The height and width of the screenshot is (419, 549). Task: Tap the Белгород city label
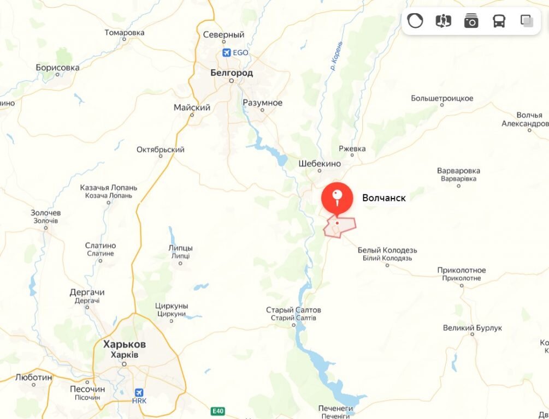232,73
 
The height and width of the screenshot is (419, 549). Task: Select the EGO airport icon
226,53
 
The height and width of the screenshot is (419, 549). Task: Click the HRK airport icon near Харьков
139,392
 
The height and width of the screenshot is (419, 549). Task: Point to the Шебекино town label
320,164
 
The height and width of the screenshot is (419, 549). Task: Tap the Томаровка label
124,33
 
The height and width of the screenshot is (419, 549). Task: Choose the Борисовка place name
57,68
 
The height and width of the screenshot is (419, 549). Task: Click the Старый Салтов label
293,310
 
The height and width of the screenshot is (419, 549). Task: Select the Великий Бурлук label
473,328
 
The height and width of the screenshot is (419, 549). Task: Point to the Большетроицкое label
442,99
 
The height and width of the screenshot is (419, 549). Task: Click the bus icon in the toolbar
499,21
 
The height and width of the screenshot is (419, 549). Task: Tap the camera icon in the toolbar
471,21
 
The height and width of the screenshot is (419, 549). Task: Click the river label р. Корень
337,56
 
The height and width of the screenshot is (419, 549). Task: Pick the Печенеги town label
335,408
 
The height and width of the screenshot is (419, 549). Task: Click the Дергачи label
87,292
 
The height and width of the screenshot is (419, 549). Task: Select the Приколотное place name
462,271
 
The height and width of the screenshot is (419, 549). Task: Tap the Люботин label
34,377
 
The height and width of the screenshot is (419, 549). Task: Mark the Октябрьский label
160,149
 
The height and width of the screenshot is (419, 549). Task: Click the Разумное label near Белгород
262,103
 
